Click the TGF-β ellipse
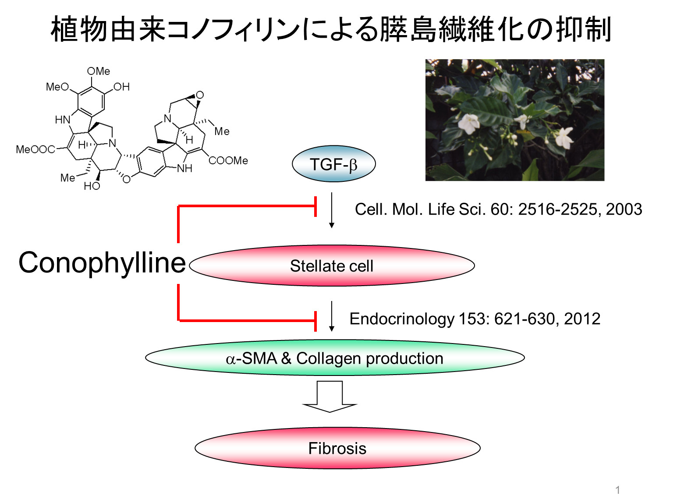[333, 164]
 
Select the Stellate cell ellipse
[332, 266]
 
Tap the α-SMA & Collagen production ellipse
[335, 358]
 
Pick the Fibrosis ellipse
[337, 448]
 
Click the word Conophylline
[102, 263]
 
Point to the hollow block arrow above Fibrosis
[330, 396]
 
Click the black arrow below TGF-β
[332, 210]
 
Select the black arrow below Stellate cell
[332, 316]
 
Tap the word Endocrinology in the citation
[401, 319]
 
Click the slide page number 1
[618, 490]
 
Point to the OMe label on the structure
[99, 71]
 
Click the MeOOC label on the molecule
[35, 150]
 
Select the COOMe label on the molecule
[228, 161]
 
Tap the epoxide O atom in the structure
[200, 95]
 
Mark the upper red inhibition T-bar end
[315, 206]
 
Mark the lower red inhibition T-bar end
[315, 321]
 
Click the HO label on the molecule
[92, 186]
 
